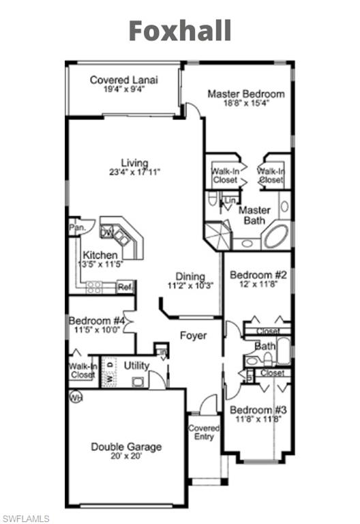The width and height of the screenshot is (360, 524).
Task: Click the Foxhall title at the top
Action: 180,31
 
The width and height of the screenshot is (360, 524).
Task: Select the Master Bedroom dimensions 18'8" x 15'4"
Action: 246,104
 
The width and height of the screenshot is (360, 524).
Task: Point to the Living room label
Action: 135,162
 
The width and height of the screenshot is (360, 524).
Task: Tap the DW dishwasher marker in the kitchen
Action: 107,232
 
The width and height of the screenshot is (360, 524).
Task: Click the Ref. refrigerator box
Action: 125,287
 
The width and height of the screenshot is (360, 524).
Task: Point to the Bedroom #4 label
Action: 96,320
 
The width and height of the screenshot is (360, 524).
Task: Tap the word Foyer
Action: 193,336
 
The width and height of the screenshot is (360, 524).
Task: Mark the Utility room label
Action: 136,366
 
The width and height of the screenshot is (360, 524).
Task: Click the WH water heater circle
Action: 74,396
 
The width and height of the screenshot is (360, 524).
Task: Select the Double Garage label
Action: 127,447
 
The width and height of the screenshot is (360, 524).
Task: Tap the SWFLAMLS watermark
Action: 25,519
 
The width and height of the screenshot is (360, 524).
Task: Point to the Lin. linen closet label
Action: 230,201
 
